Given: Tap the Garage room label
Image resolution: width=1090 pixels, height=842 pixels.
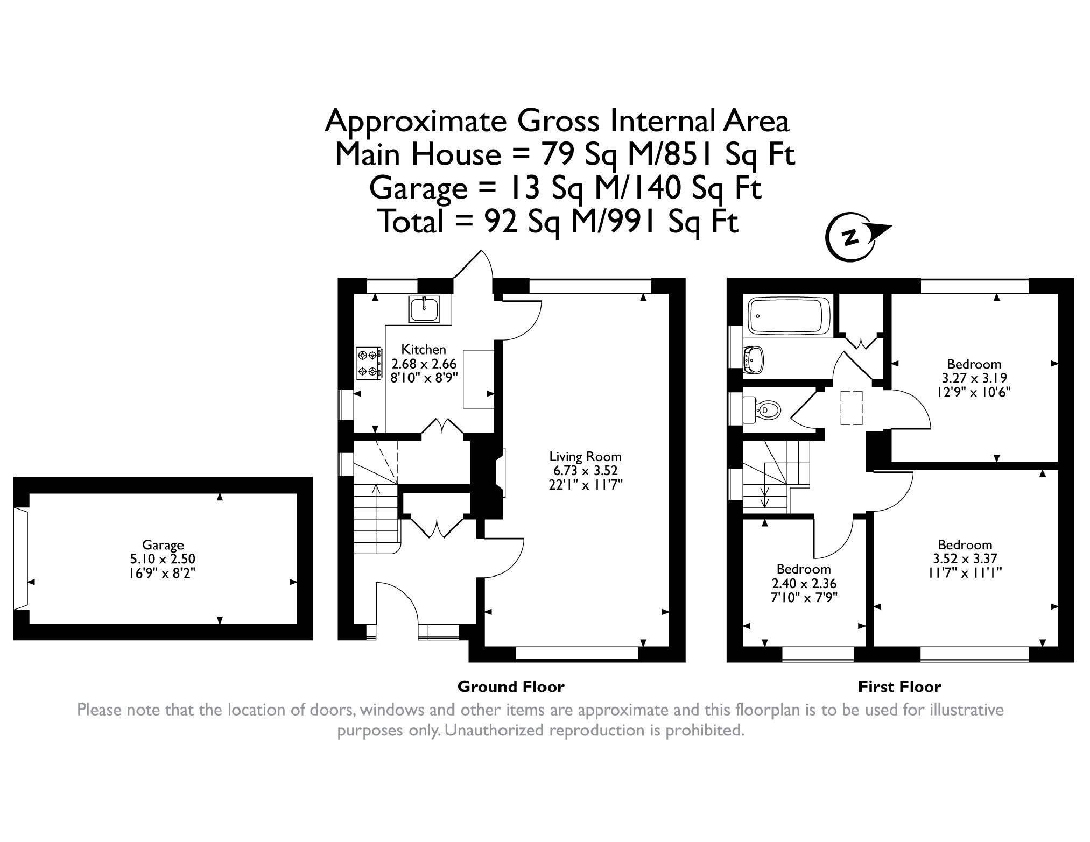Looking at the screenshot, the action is click(163, 544).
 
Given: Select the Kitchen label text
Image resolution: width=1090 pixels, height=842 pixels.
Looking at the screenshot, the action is click(424, 349).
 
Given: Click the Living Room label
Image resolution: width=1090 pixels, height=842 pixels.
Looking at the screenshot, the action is click(585, 457).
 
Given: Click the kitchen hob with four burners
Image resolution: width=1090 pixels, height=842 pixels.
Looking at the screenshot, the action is click(370, 363).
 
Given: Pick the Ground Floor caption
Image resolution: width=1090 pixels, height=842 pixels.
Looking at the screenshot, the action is click(511, 687).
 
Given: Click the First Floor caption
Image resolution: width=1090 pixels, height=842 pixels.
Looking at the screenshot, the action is click(899, 687).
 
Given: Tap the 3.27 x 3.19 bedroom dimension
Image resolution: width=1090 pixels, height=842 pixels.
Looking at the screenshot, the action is click(974, 378).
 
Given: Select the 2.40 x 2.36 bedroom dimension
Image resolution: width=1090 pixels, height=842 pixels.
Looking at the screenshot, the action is click(804, 583).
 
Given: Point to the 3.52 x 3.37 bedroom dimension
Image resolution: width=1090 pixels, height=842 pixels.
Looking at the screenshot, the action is click(965, 558).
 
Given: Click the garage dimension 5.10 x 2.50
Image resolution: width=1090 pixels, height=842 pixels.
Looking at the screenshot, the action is click(163, 559).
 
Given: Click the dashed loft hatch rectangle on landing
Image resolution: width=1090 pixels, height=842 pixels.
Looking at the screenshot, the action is click(852, 409).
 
